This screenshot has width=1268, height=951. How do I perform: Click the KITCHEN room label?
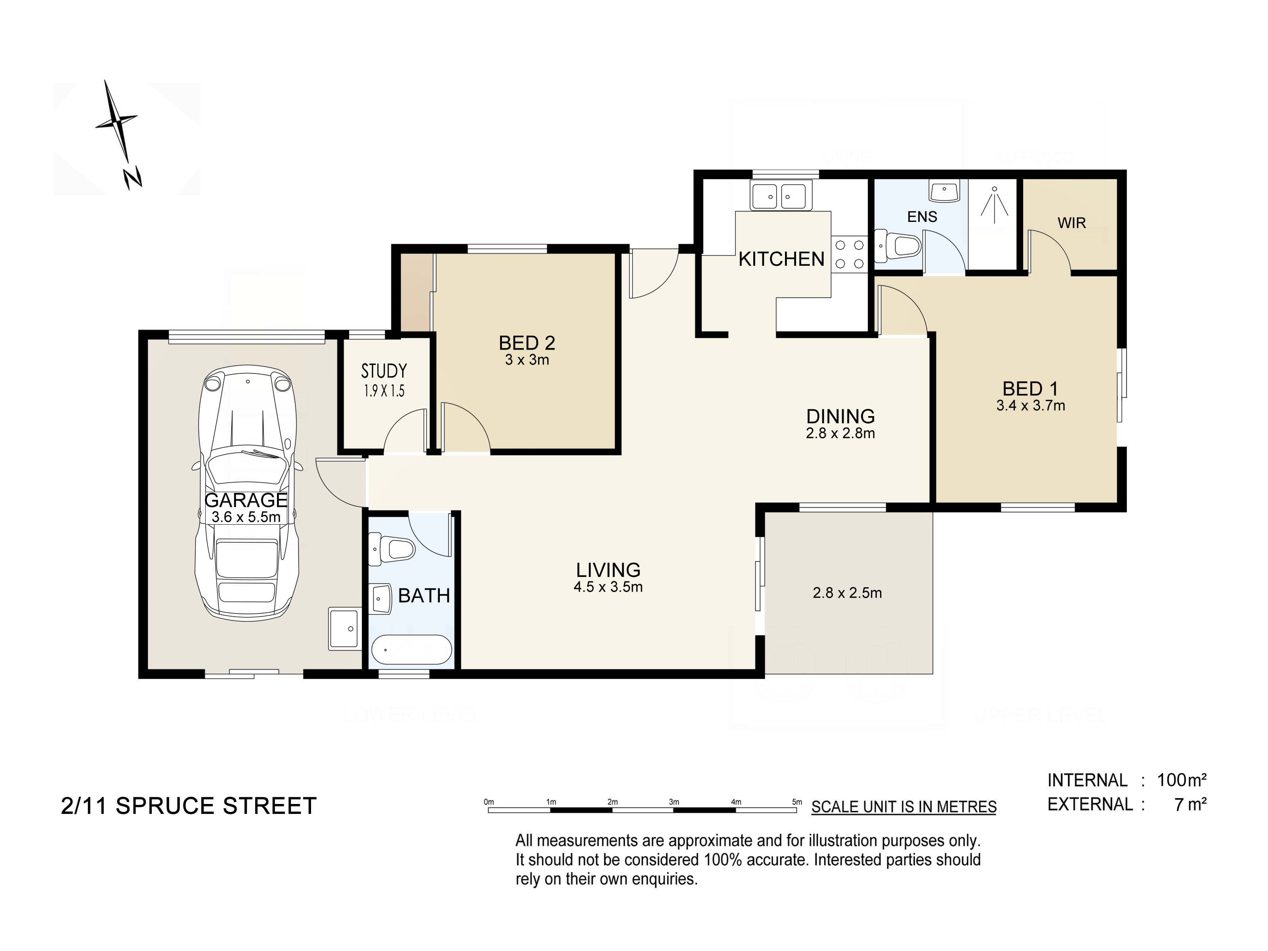point(781,259)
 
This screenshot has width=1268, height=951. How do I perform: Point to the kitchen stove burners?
point(850,254)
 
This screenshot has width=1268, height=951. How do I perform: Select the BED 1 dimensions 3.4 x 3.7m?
point(1031,406)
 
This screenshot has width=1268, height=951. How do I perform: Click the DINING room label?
point(840,416)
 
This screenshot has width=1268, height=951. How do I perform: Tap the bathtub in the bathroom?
point(412,650)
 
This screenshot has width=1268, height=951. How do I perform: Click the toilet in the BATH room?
point(391,548)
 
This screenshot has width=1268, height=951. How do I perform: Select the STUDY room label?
point(384,371)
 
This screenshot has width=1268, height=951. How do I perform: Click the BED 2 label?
point(527,343)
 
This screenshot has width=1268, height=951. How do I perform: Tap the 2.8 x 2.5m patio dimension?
point(847,593)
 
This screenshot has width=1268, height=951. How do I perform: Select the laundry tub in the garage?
point(344,629)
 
